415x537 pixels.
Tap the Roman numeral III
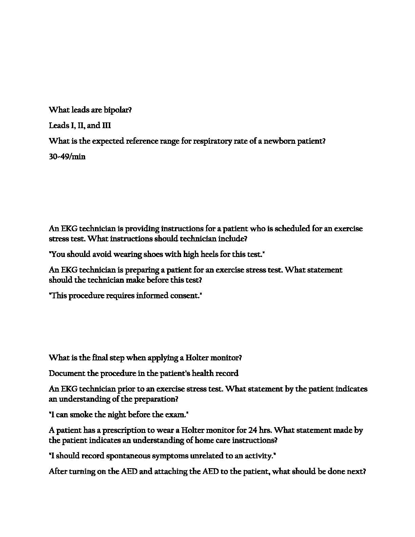(106, 125)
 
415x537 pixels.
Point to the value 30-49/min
(67, 157)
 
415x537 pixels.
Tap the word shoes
(153, 254)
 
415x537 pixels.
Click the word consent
(186, 296)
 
